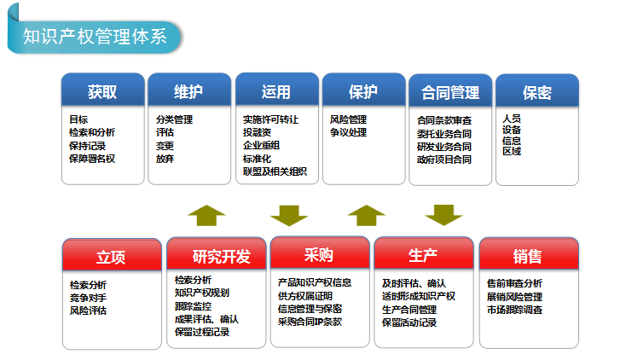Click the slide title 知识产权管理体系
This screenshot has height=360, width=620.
pos(95,37)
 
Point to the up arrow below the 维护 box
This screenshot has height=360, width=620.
pos(206,216)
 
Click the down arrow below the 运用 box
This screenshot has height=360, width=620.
pos(289,216)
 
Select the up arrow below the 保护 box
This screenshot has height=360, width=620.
pos(367,216)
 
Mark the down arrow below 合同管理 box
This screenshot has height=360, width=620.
pos(443,216)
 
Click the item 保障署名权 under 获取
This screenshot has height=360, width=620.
pos(92,159)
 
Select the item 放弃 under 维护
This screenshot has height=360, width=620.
pos(165,159)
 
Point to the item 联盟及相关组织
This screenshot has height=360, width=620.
pos(275,171)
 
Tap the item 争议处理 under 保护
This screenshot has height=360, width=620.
pos(348,132)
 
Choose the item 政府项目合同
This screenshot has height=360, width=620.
pos(444,160)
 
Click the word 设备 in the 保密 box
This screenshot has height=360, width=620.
pos(512,130)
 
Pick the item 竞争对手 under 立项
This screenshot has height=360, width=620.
pos(88,298)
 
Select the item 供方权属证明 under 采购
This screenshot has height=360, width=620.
pos(305,296)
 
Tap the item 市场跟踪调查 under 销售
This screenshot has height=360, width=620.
pos(514,310)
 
